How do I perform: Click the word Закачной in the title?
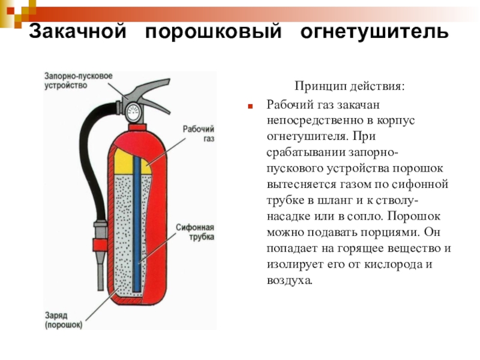tap(77, 31)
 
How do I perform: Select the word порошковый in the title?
tap(214, 32)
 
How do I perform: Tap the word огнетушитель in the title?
tap(374, 32)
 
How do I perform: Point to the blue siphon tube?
tap(137, 224)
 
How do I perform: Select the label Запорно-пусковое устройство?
tap(79, 80)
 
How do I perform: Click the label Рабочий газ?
tap(199, 133)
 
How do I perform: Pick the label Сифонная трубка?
tap(195, 232)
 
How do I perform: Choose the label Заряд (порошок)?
tap(64, 320)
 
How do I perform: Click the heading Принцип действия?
tap(349, 86)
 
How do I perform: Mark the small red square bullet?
tap(250, 107)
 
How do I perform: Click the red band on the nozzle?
tap(100, 245)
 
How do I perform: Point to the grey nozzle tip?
tap(100, 271)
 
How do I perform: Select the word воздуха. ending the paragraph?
tap(290, 280)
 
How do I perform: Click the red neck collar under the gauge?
tap(137, 127)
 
